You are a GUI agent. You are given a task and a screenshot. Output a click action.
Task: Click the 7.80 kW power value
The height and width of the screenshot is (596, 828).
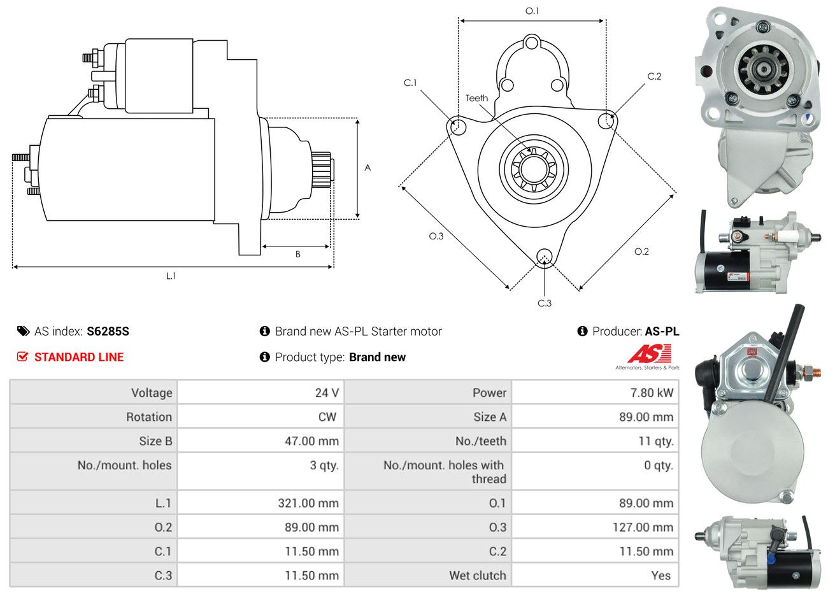point(651,393)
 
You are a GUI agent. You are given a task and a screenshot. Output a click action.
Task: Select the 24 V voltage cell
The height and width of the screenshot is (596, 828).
point(326,393)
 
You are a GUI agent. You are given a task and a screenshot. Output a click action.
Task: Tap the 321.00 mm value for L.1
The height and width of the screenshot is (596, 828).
point(308,503)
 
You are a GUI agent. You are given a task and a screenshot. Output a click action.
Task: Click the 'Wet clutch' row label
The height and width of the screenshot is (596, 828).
point(477,576)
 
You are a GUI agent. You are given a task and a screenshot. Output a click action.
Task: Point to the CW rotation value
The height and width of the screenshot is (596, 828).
point(327,417)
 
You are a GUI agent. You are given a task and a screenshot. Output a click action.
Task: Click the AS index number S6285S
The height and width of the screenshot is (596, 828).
point(108,331)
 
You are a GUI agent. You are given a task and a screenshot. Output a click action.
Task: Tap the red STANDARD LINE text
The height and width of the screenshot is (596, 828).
point(79,357)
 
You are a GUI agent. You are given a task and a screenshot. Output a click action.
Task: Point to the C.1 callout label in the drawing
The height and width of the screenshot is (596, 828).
point(410,83)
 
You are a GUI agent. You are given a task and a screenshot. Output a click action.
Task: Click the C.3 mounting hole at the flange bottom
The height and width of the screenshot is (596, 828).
point(544,257)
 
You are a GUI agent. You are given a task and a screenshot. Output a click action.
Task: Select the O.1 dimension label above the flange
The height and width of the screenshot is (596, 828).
point(532,11)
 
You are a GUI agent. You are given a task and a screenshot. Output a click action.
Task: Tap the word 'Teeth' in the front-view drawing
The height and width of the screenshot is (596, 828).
point(476,98)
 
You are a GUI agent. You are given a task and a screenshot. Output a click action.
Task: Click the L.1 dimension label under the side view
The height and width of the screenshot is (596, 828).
point(171,276)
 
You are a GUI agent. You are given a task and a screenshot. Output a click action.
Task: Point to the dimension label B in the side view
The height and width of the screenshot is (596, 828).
point(297,254)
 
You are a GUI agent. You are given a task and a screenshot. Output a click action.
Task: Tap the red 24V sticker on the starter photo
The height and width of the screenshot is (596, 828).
point(752,351)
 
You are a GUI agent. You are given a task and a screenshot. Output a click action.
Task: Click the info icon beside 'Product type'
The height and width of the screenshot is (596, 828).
point(265,357)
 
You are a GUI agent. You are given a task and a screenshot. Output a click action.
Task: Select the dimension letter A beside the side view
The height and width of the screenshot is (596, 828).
point(368,168)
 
